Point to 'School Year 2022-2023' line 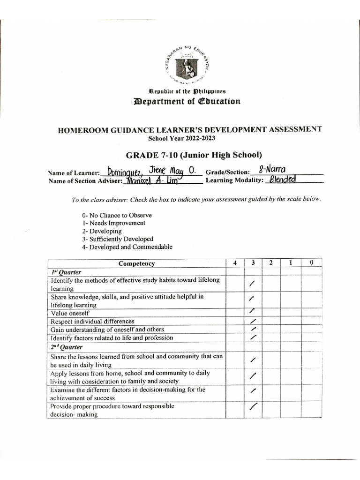pos(182,138)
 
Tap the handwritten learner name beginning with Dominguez pos(148,171)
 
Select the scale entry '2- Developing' pos(102,231)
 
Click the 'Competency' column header pos(136,263)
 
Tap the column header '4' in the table pos(234,263)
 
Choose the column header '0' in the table pos(311,263)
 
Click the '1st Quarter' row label pos(66,272)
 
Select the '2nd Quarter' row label pos(67,347)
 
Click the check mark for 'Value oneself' pos(252,311)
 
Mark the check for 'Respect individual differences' pos(253,321)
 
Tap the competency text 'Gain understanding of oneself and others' pos(107,330)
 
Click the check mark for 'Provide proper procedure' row pos(253,407)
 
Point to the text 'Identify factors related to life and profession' pos(112,338)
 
